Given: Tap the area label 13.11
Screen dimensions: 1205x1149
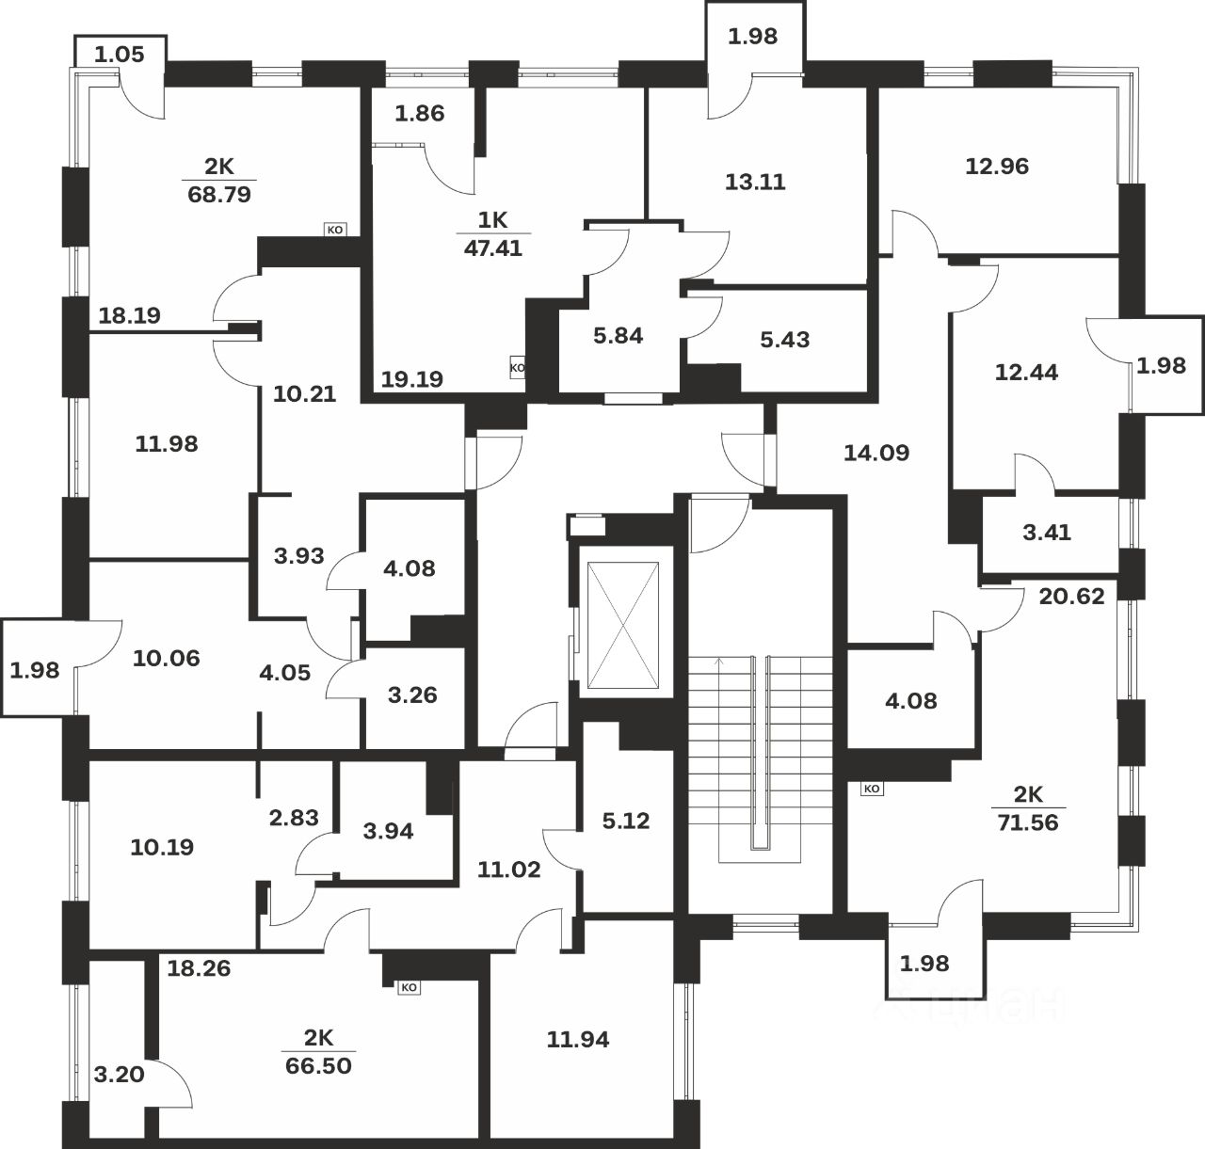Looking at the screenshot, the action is [755, 182].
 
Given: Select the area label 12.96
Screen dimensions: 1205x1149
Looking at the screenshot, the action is [997, 166].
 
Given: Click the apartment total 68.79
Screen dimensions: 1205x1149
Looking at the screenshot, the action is [219, 195].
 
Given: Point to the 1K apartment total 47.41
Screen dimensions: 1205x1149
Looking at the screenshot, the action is [492, 248].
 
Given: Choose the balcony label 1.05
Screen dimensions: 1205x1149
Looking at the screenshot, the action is [120, 55].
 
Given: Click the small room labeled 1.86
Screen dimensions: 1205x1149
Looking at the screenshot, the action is [420, 113].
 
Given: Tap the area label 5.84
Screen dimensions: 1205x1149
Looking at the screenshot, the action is [619, 336].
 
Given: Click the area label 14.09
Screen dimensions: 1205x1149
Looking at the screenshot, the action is [876, 453].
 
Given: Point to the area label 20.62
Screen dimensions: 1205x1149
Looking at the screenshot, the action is [1072, 597].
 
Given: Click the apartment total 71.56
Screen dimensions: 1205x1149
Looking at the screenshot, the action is [1028, 822].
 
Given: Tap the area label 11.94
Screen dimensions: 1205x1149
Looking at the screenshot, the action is [578, 1039].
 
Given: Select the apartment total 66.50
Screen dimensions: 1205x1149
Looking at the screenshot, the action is [319, 1065].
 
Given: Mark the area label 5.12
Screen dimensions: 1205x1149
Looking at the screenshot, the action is [626, 821].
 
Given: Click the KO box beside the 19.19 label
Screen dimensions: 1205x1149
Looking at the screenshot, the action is [518, 368].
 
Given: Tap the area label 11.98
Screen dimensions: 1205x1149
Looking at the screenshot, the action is [167, 443].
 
